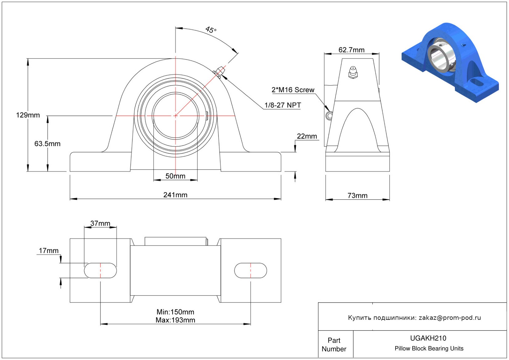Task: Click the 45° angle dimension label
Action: (x=211, y=30)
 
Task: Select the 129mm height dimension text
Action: (x=28, y=115)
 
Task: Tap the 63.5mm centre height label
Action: (x=48, y=144)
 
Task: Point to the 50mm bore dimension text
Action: (x=176, y=176)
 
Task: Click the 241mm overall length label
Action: (x=176, y=195)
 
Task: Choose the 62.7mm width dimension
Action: (x=351, y=50)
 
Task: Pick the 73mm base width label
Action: (x=358, y=196)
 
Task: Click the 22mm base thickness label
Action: (x=307, y=136)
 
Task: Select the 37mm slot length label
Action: (x=100, y=223)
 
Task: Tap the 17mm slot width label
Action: (x=49, y=250)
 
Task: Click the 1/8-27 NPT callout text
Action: (x=283, y=105)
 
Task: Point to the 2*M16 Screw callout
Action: (x=293, y=90)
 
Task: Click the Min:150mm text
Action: (x=176, y=312)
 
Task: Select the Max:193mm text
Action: (x=176, y=320)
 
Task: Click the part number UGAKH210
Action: (x=428, y=338)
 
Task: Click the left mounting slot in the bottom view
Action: (x=100, y=270)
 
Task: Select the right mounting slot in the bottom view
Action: (x=251, y=270)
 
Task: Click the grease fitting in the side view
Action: (x=353, y=73)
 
